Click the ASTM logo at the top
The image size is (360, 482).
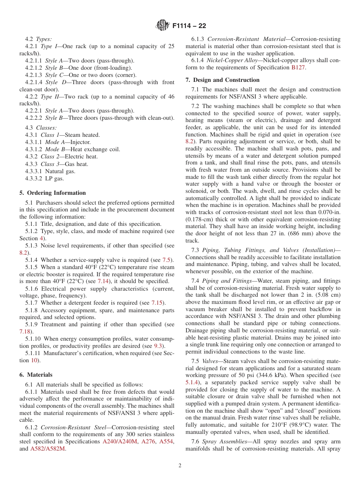pos(163,26)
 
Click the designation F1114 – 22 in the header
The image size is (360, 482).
pos(189,26)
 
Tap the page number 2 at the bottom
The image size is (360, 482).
pos(180,466)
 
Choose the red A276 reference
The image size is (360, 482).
pos(149,441)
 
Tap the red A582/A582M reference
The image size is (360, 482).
pos(47,449)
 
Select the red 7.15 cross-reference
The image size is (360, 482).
pos(158,303)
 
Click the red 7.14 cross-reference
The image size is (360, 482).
pos(104,281)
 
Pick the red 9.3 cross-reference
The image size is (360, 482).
pos(158,346)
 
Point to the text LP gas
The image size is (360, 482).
pos(55,178)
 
